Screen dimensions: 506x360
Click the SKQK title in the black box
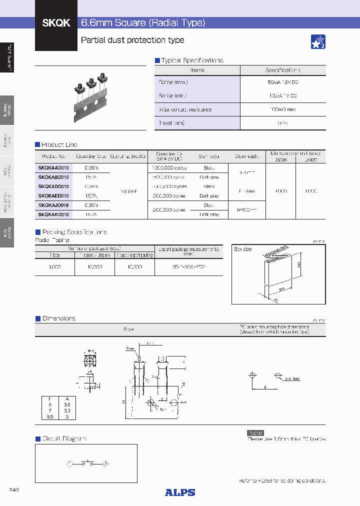point(56,23)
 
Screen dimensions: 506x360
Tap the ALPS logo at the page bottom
point(180,492)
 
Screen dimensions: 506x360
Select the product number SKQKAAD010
point(53,168)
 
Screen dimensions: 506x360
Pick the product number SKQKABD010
point(53,177)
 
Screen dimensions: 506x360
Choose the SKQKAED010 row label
point(53,196)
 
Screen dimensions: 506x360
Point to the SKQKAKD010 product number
point(53,214)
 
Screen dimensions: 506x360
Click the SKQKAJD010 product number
point(53,205)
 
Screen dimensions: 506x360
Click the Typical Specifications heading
point(191,60)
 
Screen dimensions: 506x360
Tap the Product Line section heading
point(59,144)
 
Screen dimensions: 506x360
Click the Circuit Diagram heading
point(64,438)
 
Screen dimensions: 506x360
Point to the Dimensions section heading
point(58,318)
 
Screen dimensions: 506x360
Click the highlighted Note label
point(255,433)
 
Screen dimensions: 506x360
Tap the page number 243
point(14,490)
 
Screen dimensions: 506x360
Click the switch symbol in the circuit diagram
point(88,464)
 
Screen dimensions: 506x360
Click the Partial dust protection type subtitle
point(132,40)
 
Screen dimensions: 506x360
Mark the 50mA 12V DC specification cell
point(282,82)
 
